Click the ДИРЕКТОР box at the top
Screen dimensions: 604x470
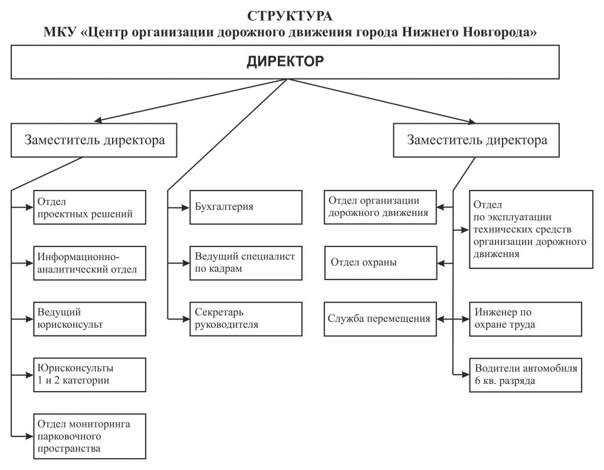tap(285, 62)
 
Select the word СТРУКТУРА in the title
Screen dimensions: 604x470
tap(290, 16)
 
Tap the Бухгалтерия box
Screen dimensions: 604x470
tap(246, 207)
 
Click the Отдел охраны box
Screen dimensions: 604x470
tap(380, 263)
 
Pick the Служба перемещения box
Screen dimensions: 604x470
tap(380, 319)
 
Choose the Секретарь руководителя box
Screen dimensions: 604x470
tap(246, 319)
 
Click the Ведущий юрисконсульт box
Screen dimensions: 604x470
tap(90, 319)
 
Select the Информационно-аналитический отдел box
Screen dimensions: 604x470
tap(90, 263)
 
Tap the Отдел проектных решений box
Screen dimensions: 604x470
tap(90, 207)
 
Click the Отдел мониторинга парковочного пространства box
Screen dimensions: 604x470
tap(90, 436)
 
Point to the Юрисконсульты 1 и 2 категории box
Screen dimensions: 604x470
tap(90, 375)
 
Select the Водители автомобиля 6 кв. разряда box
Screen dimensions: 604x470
tap(526, 375)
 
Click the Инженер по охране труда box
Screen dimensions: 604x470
tap(526, 319)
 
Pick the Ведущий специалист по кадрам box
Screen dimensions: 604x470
tap(246, 263)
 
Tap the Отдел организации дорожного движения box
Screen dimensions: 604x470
tap(380, 207)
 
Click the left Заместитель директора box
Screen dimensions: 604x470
tap(94, 140)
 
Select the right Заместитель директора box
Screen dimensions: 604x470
tap(476, 140)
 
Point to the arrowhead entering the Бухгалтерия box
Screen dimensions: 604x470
tap(186, 208)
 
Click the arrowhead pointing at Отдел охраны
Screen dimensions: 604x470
tap(441, 264)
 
